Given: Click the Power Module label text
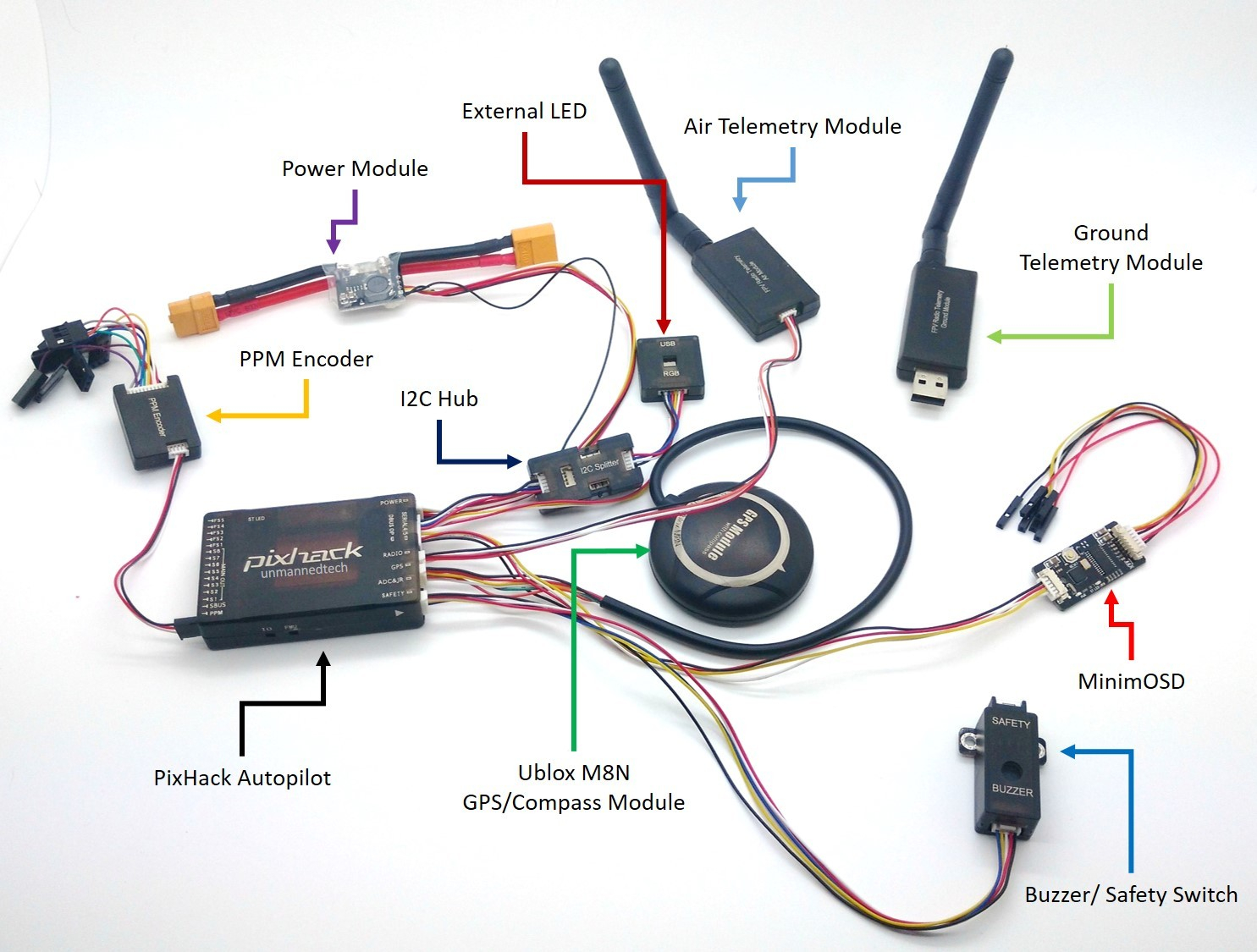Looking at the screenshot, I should coord(355,168).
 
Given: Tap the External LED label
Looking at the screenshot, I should coord(524,111).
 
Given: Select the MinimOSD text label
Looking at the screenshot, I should coord(1131,681).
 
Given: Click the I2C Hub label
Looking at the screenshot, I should coord(438,399).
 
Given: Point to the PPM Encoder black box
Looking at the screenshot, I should coord(157,420).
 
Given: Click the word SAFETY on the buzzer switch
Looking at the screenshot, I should coord(1011,722).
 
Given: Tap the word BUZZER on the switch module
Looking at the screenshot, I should coord(1012,790).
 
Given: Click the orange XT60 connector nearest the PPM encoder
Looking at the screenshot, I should coord(193,313).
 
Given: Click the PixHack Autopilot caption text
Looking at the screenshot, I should coord(242,778).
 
